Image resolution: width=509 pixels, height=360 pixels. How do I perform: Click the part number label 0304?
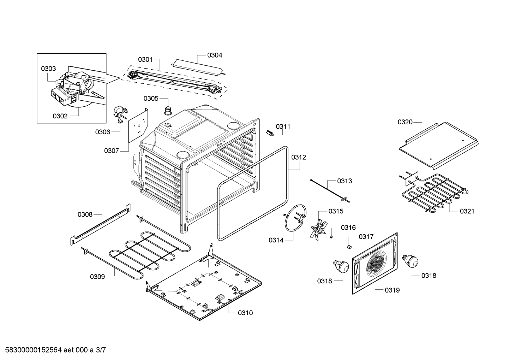click(215, 55)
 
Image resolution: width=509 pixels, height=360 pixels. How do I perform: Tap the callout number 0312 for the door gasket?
click(299, 157)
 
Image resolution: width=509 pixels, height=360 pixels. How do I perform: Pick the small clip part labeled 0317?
click(349, 246)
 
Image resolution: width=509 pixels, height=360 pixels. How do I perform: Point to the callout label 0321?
click(467, 211)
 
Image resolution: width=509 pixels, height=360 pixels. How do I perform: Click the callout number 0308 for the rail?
click(85, 214)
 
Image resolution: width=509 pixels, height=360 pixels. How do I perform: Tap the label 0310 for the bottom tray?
click(245, 313)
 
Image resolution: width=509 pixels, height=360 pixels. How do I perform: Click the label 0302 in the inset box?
click(60, 116)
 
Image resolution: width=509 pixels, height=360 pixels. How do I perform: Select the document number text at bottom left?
click(53, 350)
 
